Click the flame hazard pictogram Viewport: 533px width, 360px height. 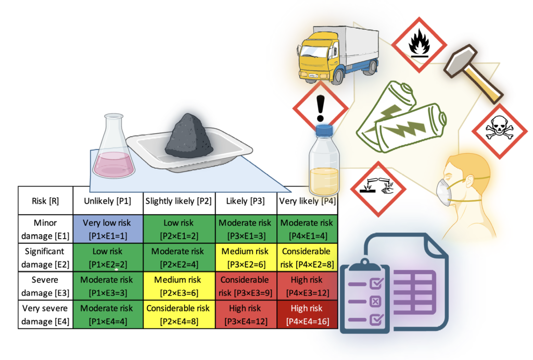pyautogui.click(x=419, y=45)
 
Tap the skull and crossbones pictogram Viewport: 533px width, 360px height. pyautogui.click(x=499, y=131)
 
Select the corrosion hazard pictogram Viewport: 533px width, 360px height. pyautogui.click(x=378, y=189)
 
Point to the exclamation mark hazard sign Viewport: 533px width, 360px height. pyautogui.click(x=320, y=108)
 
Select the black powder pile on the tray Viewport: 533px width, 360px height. pyautogui.click(x=189, y=136)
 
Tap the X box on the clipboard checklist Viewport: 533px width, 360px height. pyautogui.click(x=375, y=302)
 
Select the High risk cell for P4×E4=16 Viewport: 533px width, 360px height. pyautogui.click(x=307, y=314)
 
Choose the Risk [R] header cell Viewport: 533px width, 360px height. pyautogui.click(x=46, y=201)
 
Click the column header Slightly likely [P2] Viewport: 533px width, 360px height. pyautogui.click(x=179, y=201)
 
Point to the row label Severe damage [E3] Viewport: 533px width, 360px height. pyautogui.click(x=46, y=286)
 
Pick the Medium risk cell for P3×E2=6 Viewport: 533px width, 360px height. pyautogui.click(x=246, y=257)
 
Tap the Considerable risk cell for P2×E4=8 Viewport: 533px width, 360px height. pyautogui.click(x=179, y=314)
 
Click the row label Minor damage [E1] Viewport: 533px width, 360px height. pyautogui.click(x=46, y=229)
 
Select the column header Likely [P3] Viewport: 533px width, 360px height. pyautogui.click(x=246, y=201)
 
